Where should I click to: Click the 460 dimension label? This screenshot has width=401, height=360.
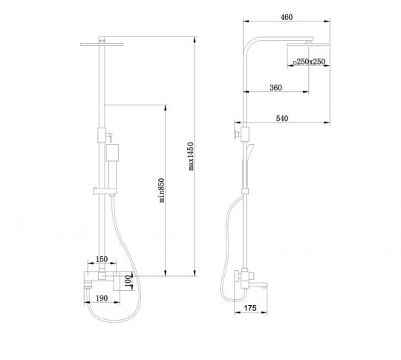pos(287,17)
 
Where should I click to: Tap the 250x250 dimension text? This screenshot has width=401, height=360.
pos(309,62)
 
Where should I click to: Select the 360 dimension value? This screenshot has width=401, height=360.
pos(276,88)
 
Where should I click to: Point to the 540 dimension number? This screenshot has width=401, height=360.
pos(282,118)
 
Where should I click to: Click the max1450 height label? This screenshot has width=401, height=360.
pos(191,156)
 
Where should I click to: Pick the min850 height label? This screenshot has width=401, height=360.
pos(161,190)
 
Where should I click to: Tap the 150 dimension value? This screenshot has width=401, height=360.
pos(102,259)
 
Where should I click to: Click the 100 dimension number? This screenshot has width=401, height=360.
pos(128,281)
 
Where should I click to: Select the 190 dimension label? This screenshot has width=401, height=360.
pos(102,298)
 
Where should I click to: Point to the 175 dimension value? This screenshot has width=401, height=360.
pos(250,308)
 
